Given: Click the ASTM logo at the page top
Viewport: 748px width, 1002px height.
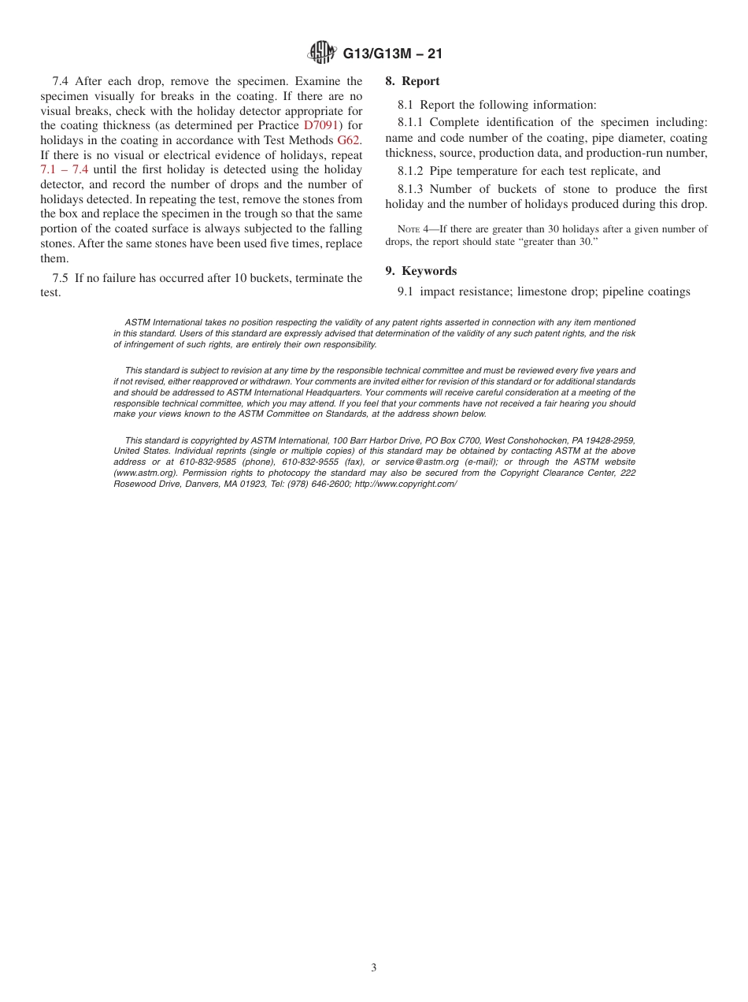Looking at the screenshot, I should point(321,53).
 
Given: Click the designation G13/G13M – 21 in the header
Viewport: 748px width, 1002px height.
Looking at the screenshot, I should point(392,54).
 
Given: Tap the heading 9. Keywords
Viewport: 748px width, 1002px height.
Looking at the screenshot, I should point(420,271).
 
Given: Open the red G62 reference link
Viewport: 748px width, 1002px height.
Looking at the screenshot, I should point(348,140).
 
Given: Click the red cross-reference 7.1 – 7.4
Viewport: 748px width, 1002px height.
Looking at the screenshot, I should point(64,169).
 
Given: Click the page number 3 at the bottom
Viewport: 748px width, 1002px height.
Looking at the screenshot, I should point(374,968).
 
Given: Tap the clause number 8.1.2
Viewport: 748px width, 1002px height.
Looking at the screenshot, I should point(412,171).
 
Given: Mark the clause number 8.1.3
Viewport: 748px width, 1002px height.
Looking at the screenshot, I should point(412,189).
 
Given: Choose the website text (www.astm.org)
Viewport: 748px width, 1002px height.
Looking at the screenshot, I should point(138,473).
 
